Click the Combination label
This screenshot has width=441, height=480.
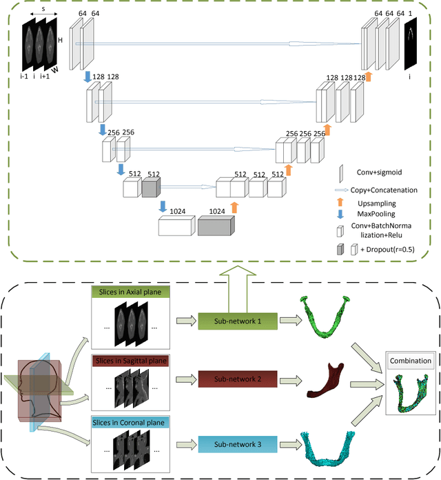pyautogui.click(x=411, y=361)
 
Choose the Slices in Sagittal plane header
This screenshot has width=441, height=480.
pyautogui.click(x=131, y=360)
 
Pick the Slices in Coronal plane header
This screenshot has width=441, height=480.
pyautogui.click(x=131, y=421)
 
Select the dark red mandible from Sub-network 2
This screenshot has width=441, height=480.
pyautogui.click(x=325, y=379)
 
